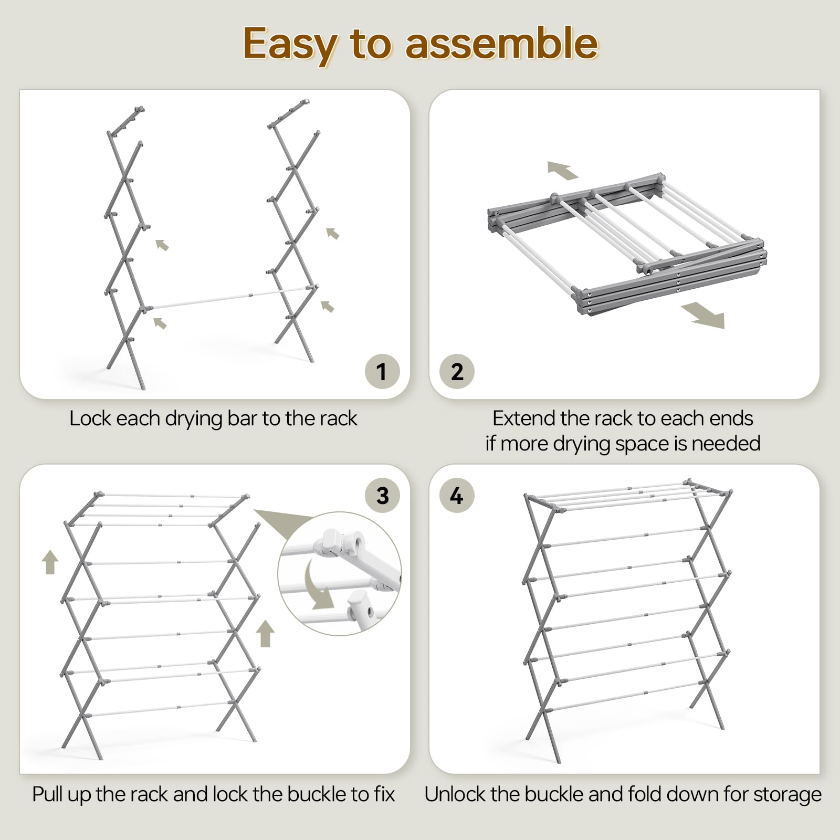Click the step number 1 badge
pyautogui.click(x=382, y=371)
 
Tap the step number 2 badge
pyautogui.click(x=457, y=371)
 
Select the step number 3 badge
pyautogui.click(x=382, y=495)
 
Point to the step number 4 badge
pyautogui.click(x=457, y=495)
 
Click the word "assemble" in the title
pyautogui.click(x=502, y=44)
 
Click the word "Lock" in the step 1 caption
pyautogui.click(x=90, y=418)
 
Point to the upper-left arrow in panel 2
pyautogui.click(x=563, y=170)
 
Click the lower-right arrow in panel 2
pyautogui.click(x=703, y=315)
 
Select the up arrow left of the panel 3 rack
pyautogui.click(x=50, y=562)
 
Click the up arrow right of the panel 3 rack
pyautogui.click(x=266, y=634)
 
